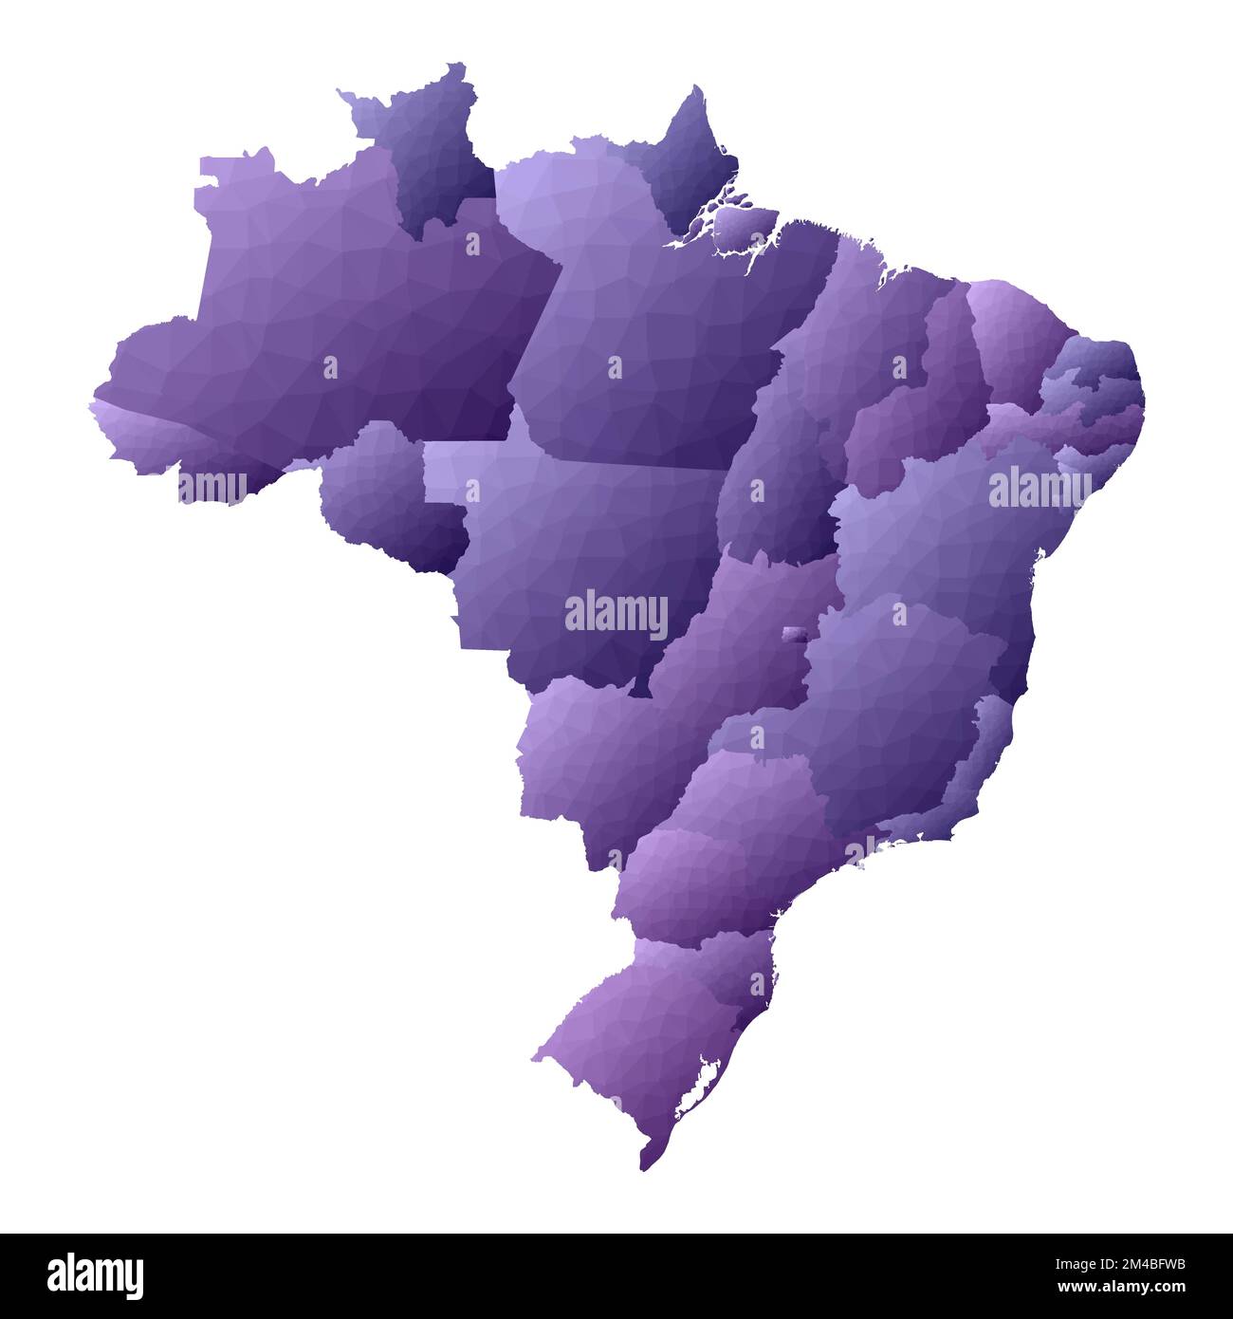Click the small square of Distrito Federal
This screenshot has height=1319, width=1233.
pyautogui.click(x=793, y=635)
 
